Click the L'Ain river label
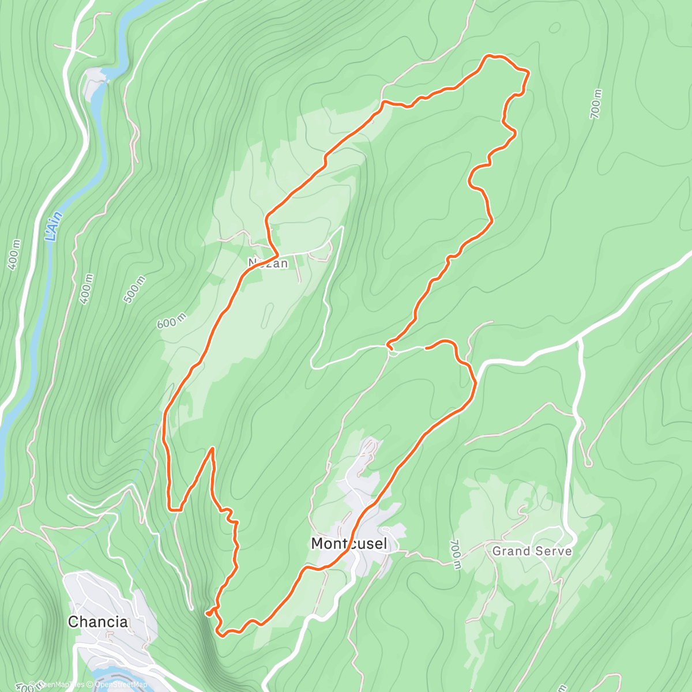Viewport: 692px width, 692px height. point(54,227)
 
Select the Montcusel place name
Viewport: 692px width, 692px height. point(349,543)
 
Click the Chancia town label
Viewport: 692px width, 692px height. point(97,622)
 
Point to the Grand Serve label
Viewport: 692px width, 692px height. point(532,551)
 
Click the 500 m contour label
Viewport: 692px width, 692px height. point(134,289)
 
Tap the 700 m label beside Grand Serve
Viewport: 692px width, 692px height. point(456,555)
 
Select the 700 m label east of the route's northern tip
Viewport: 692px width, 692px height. point(596,104)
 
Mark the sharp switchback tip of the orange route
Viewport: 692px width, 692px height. point(213,448)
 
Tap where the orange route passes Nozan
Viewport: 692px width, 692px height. point(276,253)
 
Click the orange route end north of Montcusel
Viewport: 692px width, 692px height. point(426,348)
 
